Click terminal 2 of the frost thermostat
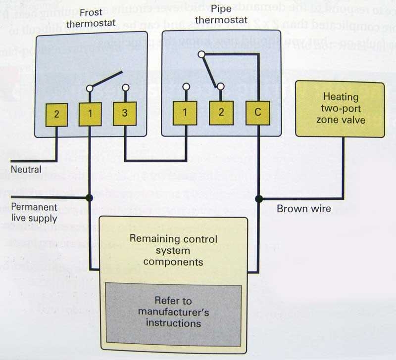(x=57, y=114)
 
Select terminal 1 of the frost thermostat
(x=90, y=114)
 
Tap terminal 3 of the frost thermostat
(x=125, y=114)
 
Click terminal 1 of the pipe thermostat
(x=185, y=113)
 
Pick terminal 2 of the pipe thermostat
(x=221, y=113)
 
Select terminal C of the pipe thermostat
(x=257, y=113)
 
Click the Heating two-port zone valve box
(x=340, y=109)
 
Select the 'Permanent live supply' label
(x=34, y=213)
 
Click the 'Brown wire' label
(x=304, y=209)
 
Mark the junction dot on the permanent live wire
(x=90, y=198)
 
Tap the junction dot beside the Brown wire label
(x=258, y=199)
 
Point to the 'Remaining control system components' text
(x=173, y=250)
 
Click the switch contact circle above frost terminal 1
(x=90, y=89)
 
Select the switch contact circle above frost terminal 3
(x=125, y=88)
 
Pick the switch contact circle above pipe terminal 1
(x=186, y=87)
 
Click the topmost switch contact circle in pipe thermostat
(x=201, y=54)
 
